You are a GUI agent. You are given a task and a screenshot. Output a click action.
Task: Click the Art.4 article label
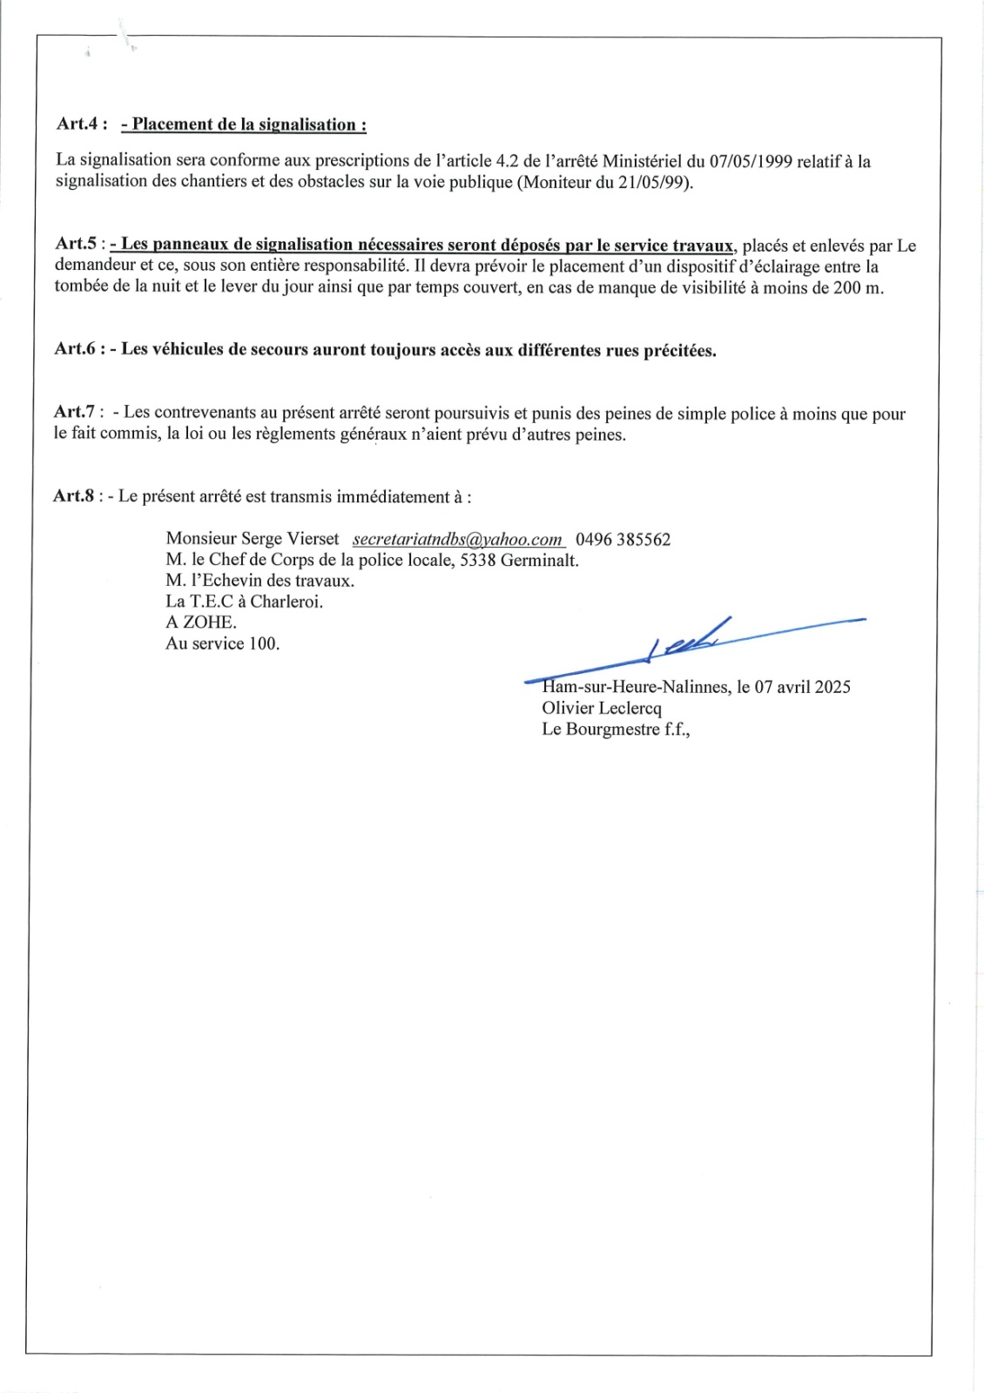[82, 124]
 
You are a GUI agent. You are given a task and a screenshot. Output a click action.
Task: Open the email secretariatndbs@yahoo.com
[457, 540]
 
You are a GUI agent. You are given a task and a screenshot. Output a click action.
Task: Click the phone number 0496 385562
[623, 540]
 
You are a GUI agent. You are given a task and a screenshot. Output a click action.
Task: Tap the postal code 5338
[477, 561]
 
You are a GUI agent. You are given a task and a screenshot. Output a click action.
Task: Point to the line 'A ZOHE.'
[201, 622]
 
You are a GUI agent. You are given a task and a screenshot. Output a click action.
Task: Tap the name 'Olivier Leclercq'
[602, 709]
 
